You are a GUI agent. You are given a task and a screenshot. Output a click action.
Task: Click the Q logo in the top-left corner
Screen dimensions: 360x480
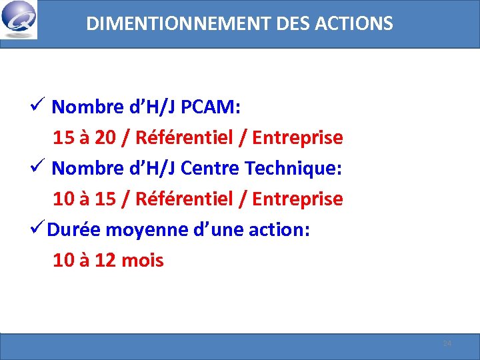coord(19,21)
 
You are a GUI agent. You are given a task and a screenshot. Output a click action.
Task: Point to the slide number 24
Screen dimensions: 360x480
coord(447,343)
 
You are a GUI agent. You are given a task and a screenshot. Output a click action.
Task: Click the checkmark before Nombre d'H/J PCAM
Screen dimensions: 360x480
coord(37,106)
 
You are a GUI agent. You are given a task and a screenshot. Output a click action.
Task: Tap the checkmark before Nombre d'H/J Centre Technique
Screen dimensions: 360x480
coord(37,167)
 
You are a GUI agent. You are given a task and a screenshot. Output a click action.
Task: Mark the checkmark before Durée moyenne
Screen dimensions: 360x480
coord(37,229)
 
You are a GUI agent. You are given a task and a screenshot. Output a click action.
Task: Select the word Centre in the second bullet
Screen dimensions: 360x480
coord(210,168)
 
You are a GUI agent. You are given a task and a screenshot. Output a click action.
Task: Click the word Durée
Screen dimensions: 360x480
coord(74,229)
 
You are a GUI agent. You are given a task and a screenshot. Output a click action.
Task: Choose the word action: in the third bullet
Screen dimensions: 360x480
coord(279,229)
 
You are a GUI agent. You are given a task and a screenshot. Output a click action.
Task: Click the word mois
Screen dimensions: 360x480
coord(143,260)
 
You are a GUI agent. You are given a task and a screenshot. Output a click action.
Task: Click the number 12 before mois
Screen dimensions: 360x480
coord(105,260)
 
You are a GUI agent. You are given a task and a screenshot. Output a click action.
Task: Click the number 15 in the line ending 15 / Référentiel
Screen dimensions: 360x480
coord(105,199)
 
